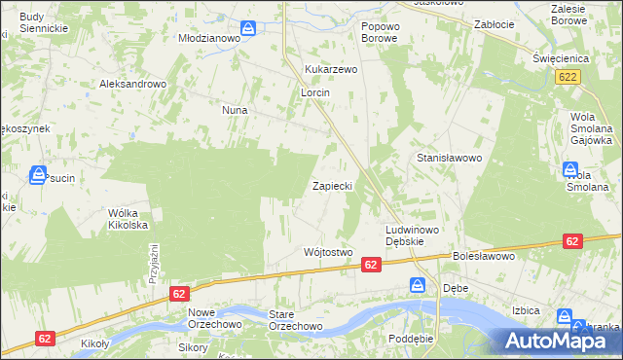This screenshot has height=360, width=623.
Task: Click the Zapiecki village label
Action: (x=338, y=185)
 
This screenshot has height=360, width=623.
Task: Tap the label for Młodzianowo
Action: (x=208, y=37)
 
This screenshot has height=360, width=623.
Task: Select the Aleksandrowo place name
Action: (x=133, y=84)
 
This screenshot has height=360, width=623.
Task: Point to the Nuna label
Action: (x=235, y=111)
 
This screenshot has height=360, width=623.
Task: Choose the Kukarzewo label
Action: (x=332, y=70)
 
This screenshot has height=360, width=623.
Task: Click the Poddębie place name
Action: (x=409, y=338)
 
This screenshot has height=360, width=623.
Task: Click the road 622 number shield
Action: (x=569, y=77)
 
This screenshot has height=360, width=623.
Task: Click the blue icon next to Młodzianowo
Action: (x=249, y=28)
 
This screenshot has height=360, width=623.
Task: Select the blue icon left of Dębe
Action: (x=418, y=286)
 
